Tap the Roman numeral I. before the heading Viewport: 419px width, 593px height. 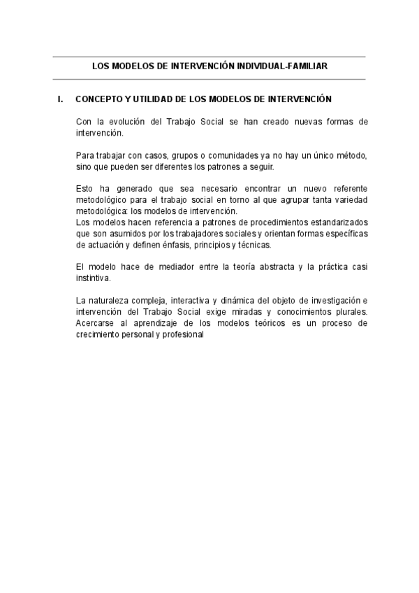tap(61, 100)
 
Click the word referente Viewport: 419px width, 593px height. tap(346, 190)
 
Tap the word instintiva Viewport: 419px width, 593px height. tap(94, 278)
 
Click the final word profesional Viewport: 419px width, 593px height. tap(182, 334)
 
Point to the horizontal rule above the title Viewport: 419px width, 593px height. tap(209, 57)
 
